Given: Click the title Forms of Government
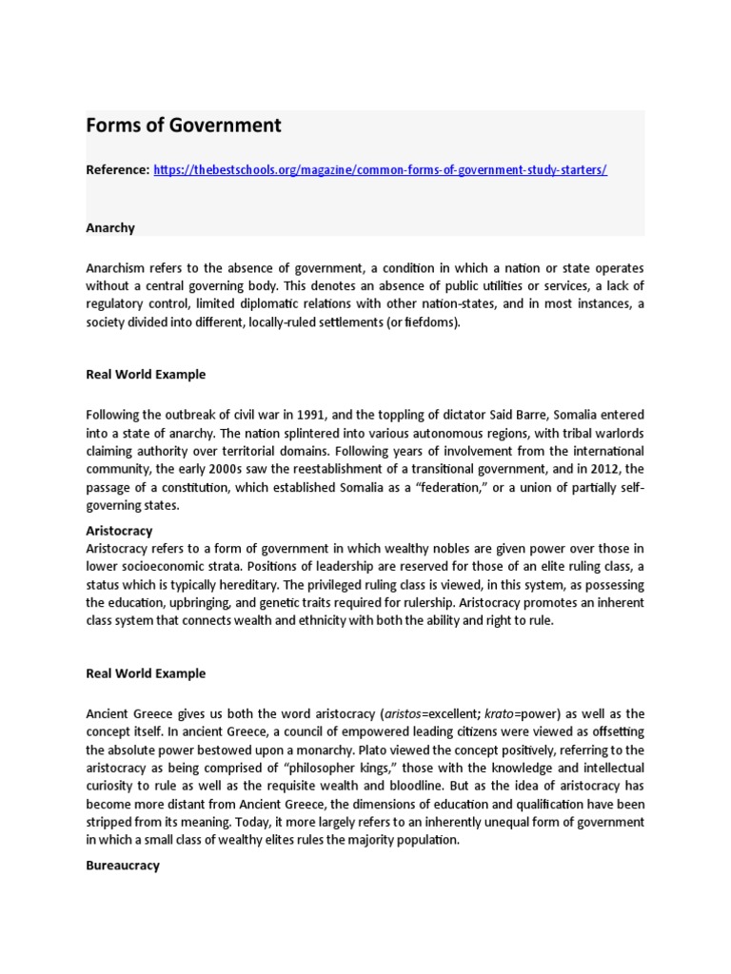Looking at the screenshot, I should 184,126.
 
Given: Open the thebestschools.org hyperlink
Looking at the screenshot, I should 380,169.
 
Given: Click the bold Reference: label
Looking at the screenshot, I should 118,169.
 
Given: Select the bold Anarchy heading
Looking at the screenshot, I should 110,228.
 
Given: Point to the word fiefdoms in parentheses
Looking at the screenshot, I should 432,321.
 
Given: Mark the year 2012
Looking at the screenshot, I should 603,468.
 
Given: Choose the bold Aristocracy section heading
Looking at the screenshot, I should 119,531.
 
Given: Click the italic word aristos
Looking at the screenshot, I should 402,713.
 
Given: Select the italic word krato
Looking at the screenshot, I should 504,713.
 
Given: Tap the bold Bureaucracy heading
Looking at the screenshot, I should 123,866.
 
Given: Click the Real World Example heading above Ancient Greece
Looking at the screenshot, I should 146,673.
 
